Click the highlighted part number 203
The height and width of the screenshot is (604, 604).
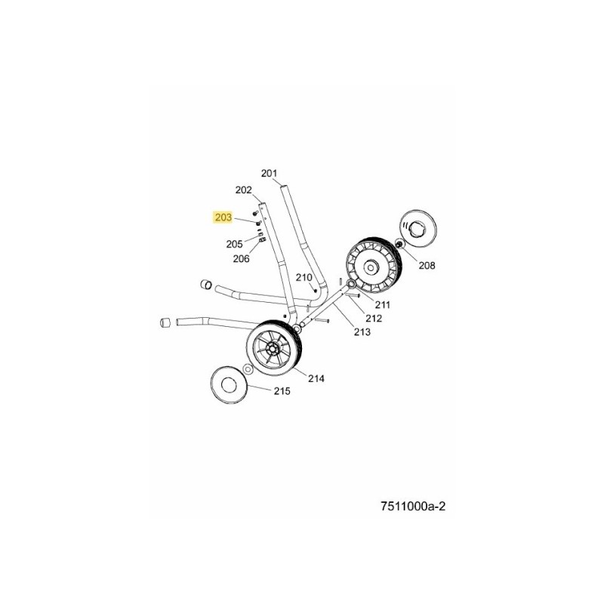pyautogui.click(x=224, y=217)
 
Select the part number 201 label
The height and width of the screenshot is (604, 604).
pyautogui.click(x=270, y=173)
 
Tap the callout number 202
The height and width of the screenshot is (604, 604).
pyautogui.click(x=243, y=190)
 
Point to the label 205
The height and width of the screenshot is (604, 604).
pyautogui.click(x=234, y=244)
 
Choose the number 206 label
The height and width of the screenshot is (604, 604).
pyautogui.click(x=241, y=259)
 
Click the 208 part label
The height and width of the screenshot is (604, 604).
pyautogui.click(x=427, y=266)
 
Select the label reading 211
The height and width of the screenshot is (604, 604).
pyautogui.click(x=383, y=305)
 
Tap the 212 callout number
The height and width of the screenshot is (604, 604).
pyautogui.click(x=373, y=318)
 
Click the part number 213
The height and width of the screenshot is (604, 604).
pyautogui.click(x=362, y=331)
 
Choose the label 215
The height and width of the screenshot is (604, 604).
pyautogui.click(x=282, y=391)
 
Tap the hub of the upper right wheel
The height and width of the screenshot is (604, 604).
pyautogui.click(x=371, y=266)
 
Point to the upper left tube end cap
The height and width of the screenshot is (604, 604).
pyautogui.click(x=204, y=285)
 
